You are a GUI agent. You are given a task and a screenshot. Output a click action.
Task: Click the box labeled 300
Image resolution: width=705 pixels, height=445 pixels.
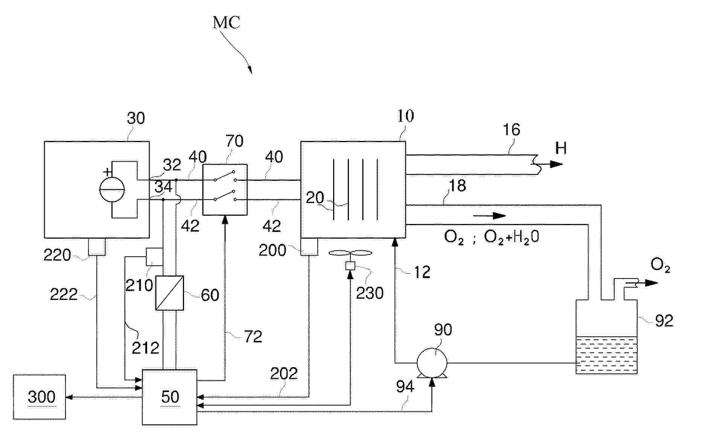39,397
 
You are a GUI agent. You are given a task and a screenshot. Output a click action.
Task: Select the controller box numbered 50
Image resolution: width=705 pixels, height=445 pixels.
169,397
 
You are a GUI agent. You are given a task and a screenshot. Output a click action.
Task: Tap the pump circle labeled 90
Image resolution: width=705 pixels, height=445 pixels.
432,363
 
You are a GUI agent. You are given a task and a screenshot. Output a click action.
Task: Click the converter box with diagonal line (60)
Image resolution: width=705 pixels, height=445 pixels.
170,293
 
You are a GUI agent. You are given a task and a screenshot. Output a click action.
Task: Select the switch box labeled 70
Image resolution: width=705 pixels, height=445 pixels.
225,189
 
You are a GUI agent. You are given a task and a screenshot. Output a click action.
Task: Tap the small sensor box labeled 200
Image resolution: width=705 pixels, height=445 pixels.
309,247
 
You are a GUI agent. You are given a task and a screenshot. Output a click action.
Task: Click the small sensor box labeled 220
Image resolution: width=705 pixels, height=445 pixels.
97,247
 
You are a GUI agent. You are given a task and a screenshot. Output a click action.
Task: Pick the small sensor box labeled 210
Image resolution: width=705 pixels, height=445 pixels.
154,256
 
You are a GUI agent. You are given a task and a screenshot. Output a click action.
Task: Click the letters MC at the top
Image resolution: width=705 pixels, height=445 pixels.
226,23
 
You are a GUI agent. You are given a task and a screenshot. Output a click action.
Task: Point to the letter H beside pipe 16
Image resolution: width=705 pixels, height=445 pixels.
561,148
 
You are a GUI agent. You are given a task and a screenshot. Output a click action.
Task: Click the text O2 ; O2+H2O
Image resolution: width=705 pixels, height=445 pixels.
491,237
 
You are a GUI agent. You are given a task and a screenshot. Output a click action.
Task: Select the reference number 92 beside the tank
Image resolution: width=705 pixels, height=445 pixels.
664,321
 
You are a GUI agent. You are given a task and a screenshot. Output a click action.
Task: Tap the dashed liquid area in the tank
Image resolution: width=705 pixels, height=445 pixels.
606,355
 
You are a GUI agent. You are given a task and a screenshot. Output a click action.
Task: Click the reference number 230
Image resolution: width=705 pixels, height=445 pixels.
370,293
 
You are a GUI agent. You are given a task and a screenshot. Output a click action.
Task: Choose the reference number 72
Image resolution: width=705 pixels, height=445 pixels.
253,336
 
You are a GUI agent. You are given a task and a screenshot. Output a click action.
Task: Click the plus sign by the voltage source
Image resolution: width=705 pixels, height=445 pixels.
108,172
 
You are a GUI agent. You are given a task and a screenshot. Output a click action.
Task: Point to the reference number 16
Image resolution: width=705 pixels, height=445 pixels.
512,130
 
